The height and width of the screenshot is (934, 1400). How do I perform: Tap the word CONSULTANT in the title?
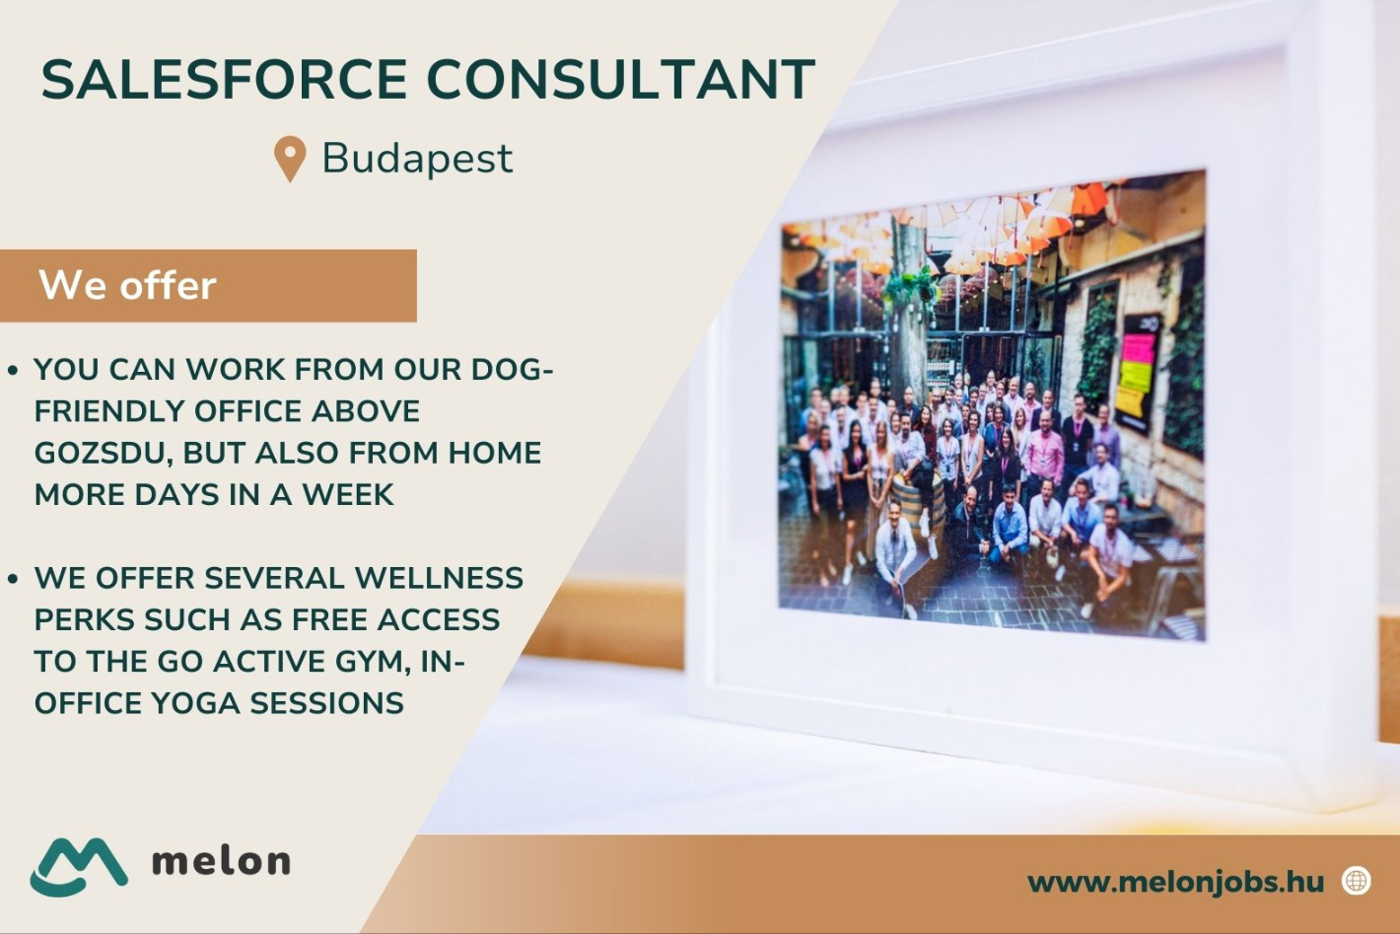click(x=621, y=80)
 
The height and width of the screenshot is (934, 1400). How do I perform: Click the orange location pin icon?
click(x=290, y=159)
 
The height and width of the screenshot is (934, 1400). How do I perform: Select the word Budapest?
click(x=417, y=159)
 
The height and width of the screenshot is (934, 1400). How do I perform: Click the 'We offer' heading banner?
click(x=207, y=286)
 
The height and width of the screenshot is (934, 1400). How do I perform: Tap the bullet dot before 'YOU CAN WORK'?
click(x=13, y=371)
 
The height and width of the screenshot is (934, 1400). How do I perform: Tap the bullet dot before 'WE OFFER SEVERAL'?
click(x=13, y=579)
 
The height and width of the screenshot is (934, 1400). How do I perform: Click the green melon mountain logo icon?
click(x=79, y=866)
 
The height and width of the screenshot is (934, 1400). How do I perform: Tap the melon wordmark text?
click(x=222, y=861)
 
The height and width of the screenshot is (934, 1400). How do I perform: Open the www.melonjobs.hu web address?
click(x=1175, y=882)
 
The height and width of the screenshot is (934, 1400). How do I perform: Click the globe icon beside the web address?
click(x=1357, y=881)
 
